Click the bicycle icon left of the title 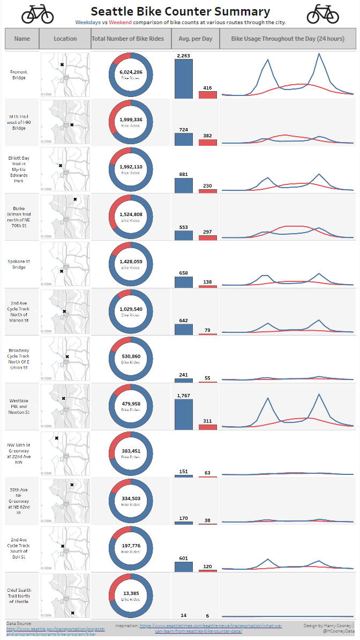(x=37, y=14)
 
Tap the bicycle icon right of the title (x=322, y=14)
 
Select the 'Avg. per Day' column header (x=195, y=39)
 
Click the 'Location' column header (x=65, y=39)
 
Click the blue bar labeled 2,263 (x=183, y=78)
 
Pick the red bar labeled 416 (x=208, y=95)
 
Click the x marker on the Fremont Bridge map (x=62, y=65)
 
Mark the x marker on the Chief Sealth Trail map (x=72, y=613)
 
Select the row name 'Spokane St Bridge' (x=19, y=264)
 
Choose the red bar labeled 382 (x=208, y=143)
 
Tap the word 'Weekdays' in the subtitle (x=88, y=23)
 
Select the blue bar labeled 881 (x=183, y=185)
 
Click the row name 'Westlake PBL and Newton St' (x=19, y=406)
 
